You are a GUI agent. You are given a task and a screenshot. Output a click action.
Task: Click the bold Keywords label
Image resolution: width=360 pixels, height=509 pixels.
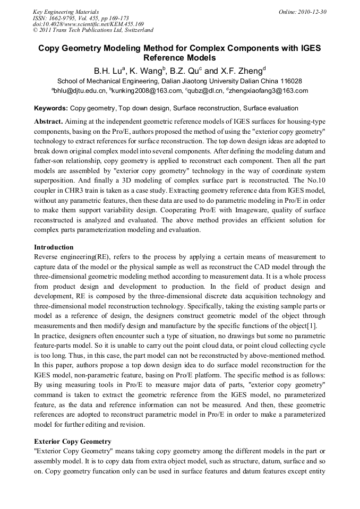[x=51, y=108]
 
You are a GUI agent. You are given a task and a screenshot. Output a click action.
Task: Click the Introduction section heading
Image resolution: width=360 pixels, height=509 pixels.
[x=54, y=247]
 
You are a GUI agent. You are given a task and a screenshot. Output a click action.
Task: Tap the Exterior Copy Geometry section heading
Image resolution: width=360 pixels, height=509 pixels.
[x=73, y=441]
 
